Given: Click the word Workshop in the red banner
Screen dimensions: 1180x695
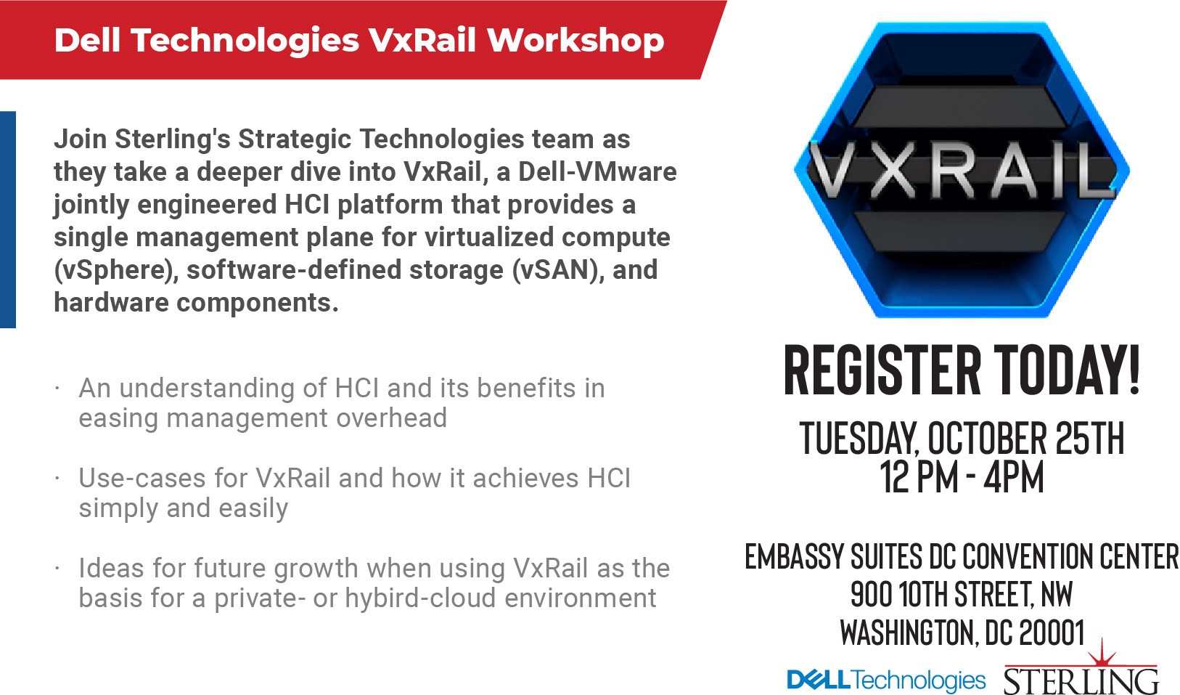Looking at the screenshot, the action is point(575,41).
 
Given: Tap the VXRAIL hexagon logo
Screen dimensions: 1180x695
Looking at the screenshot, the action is point(962,170).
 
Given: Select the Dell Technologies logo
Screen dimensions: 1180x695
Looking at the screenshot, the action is point(886,680).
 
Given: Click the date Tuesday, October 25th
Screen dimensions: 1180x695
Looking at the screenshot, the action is point(962,438).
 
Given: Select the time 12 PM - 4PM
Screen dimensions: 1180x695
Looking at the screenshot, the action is point(962,476).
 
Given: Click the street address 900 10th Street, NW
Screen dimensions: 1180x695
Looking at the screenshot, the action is point(962,594).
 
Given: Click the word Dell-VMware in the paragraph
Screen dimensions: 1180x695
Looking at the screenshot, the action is point(597,172).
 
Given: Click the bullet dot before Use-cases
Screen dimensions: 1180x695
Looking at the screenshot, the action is point(57,479).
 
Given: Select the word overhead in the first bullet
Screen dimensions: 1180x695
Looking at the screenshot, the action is point(391,418).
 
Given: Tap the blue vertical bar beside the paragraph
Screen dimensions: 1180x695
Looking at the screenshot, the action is point(8,219).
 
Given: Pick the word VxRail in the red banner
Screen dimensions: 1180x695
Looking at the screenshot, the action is point(422,41).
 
